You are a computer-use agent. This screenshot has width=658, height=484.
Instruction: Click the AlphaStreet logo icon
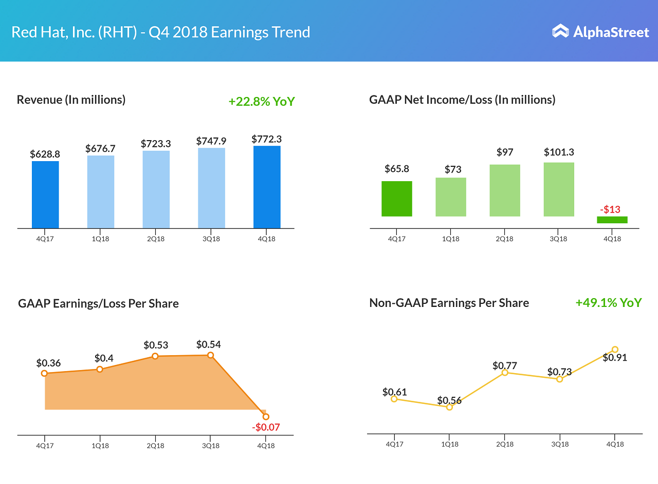point(560,31)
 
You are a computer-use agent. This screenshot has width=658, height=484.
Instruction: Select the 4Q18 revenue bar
point(267,187)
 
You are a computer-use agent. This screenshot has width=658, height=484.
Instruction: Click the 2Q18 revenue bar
point(156,189)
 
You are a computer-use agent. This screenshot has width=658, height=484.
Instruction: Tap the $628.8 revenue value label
point(45,153)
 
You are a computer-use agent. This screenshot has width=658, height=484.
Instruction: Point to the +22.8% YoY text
point(262,101)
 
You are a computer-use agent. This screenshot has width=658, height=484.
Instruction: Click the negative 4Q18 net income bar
point(612,220)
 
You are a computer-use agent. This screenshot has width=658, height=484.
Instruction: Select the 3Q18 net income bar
point(559,189)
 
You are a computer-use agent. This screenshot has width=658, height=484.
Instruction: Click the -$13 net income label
point(610,209)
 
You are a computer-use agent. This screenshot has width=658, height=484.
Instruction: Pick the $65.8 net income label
point(397,169)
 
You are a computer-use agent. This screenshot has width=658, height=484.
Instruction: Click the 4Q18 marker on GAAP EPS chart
point(266,417)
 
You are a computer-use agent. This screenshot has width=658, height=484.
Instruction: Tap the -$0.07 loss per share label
point(266,427)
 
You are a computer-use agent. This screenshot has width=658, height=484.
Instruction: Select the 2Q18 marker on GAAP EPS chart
point(155,356)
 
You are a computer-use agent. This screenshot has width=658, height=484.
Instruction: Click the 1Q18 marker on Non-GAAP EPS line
point(449,407)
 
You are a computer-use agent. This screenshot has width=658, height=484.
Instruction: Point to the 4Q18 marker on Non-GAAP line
point(615,350)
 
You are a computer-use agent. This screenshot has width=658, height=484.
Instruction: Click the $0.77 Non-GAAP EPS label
point(505,365)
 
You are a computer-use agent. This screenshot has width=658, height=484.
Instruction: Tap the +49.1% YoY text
point(609,303)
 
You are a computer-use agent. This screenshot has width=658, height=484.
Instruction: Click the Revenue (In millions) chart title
point(71,100)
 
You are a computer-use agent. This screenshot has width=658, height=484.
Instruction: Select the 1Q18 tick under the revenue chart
point(100,239)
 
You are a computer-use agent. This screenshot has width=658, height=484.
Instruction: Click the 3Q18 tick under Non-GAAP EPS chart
point(560,444)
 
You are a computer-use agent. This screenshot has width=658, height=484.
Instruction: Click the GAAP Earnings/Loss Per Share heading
point(98,303)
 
